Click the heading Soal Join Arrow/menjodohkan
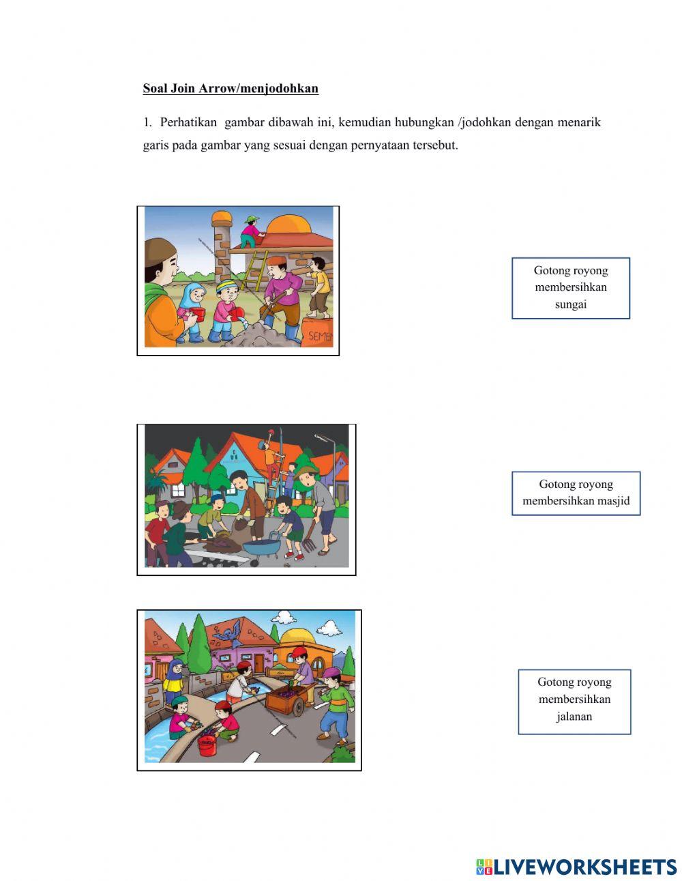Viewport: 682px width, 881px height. pos(231,89)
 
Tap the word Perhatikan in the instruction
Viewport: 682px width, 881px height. pos(188,122)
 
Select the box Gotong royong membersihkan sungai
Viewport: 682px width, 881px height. pos(571,288)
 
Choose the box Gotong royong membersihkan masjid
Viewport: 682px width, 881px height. pos(576,493)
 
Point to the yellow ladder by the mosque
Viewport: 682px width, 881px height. pos(254,271)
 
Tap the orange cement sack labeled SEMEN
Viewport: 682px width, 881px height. pos(317,332)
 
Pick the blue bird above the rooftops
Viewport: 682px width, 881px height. pos(230,633)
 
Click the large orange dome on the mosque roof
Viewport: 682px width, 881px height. pos(288,225)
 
